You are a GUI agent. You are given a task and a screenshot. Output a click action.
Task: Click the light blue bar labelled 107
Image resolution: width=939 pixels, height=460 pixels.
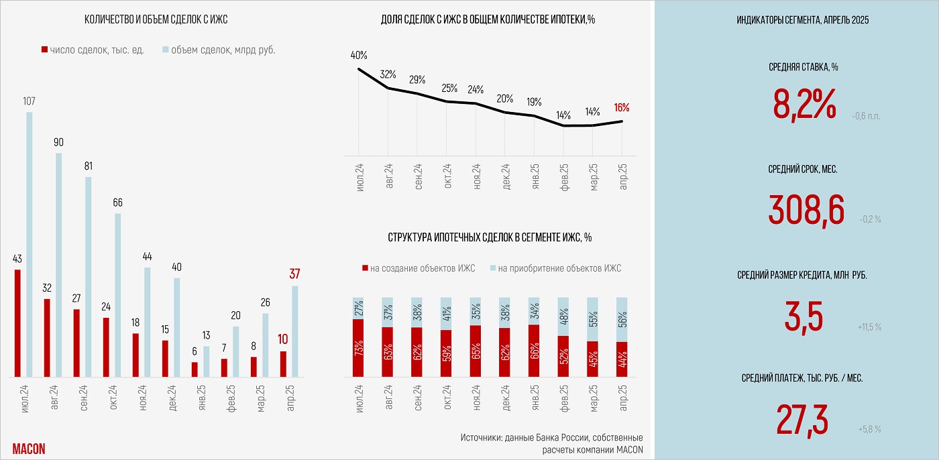click(x=29, y=244)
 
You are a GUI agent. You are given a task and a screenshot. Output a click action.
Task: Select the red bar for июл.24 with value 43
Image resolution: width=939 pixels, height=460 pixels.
click(x=17, y=323)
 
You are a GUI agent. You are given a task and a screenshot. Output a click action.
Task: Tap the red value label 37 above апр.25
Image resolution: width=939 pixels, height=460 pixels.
click(x=294, y=274)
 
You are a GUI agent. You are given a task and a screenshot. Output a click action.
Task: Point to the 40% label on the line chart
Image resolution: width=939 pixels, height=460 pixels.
click(x=359, y=55)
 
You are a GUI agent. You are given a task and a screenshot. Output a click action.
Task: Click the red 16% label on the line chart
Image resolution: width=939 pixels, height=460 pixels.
click(x=622, y=107)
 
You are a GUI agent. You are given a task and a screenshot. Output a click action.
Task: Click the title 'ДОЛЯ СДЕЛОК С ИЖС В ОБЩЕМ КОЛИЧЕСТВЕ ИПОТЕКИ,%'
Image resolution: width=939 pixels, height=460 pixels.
click(x=488, y=19)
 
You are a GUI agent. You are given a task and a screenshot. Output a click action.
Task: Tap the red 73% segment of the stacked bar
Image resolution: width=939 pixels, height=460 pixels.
click(x=358, y=347)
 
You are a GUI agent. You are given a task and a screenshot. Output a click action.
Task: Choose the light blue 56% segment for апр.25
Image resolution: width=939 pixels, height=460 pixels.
click(x=622, y=319)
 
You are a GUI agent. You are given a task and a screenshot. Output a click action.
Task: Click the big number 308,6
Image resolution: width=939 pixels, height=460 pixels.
click(x=806, y=210)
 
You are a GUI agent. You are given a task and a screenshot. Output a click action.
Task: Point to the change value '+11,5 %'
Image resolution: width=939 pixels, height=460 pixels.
click(x=869, y=327)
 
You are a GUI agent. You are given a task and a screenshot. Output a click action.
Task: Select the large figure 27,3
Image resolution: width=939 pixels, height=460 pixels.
click(x=802, y=419)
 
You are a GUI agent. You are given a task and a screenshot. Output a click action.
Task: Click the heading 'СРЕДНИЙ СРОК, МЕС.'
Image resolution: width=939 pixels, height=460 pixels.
click(x=802, y=170)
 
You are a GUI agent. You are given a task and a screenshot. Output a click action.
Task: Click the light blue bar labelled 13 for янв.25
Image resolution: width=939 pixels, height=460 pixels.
click(x=206, y=361)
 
